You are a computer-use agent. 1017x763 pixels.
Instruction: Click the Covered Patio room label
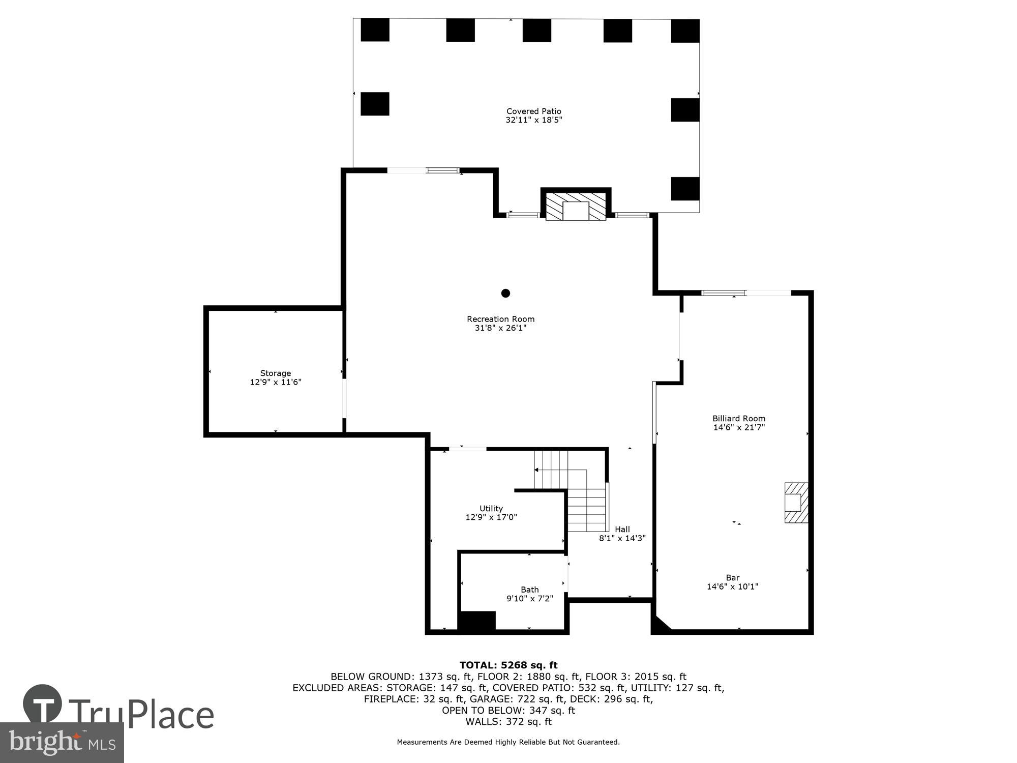[533, 111]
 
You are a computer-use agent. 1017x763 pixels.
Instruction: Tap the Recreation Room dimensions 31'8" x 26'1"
[500, 329]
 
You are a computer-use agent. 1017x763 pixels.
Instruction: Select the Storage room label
[275, 373]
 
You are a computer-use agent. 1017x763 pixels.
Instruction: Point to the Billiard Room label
[738, 419]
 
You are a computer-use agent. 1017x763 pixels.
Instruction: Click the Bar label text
[732, 578]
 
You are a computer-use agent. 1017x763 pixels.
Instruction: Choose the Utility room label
[491, 509]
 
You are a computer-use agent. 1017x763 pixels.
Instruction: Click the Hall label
[622, 530]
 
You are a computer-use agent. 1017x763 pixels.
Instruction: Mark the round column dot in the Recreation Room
[505, 293]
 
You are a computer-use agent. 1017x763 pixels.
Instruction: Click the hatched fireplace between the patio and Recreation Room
[576, 207]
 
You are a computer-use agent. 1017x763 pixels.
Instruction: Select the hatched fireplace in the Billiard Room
[795, 503]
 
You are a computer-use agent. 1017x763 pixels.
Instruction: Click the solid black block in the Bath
[477, 621]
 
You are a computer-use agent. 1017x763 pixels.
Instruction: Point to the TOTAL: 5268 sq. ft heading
[508, 665]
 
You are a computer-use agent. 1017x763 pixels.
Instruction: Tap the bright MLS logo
[62, 743]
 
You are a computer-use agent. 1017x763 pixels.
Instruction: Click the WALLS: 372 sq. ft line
[508, 722]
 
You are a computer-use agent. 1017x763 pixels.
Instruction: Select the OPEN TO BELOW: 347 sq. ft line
[508, 711]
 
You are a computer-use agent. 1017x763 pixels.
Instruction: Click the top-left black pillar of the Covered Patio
[375, 30]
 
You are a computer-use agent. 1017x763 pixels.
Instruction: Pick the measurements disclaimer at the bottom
[508, 742]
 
